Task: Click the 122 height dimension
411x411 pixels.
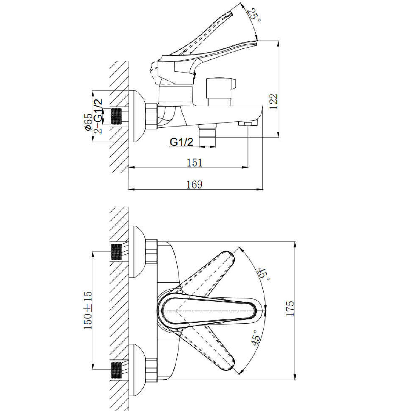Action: [273, 101]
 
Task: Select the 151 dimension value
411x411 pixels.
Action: [195, 163]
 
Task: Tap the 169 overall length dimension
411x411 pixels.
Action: [195, 184]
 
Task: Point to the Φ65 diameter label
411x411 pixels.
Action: [89, 122]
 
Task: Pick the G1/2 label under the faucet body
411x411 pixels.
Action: [181, 142]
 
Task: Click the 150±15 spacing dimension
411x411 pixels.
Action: [88, 310]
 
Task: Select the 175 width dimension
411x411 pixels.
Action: [290, 309]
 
